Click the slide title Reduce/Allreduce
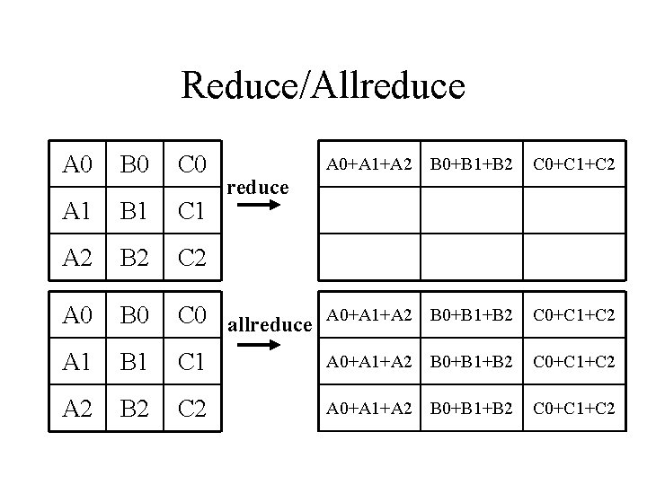(323, 86)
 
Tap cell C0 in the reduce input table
(193, 165)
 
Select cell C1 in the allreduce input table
(193, 362)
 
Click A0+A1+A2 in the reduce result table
(368, 164)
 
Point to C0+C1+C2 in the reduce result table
(573, 164)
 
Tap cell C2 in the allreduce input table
(193, 409)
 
